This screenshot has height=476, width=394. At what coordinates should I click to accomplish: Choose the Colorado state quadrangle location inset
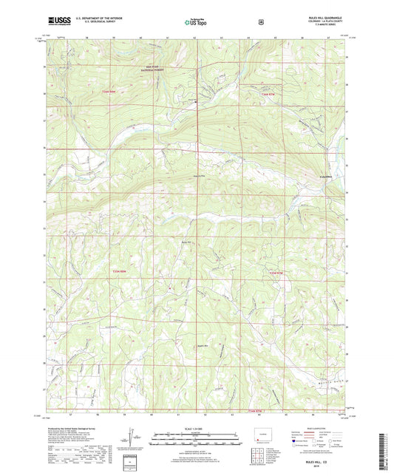tap(263, 436)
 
